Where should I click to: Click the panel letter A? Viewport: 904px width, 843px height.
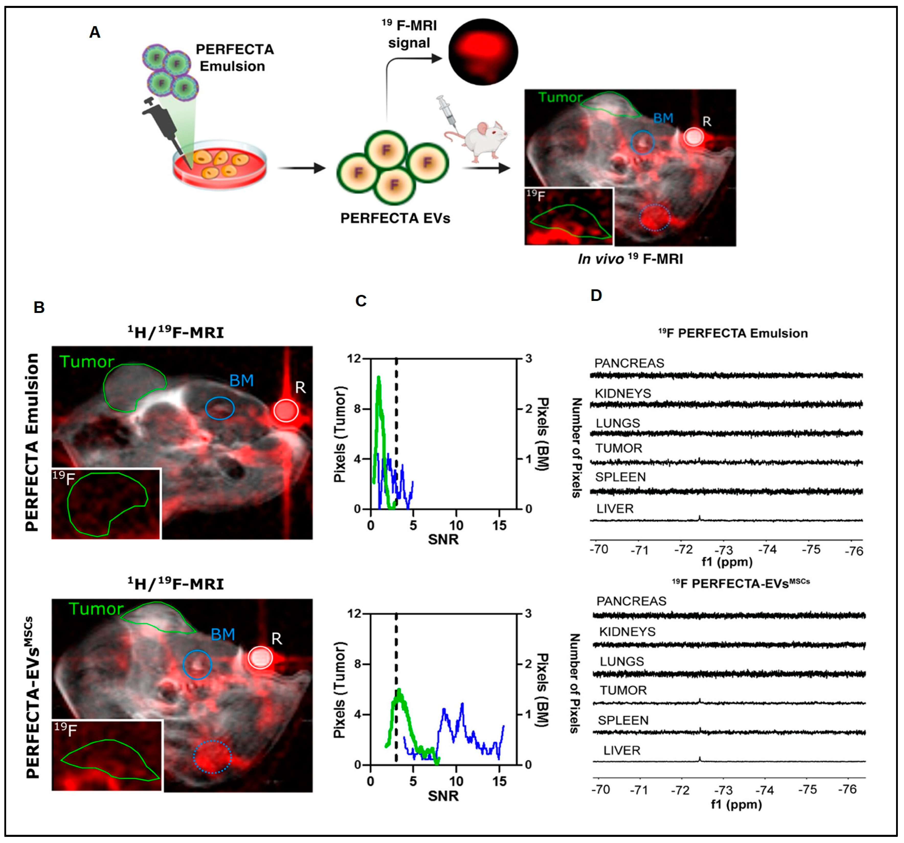[95, 32]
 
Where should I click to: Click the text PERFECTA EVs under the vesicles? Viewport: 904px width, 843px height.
[395, 218]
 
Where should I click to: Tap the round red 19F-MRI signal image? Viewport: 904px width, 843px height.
[483, 51]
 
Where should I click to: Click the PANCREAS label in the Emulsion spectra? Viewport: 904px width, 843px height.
[629, 363]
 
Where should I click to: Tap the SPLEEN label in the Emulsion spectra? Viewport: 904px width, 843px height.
[620, 477]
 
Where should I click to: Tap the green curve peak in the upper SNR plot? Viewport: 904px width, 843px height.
[378, 378]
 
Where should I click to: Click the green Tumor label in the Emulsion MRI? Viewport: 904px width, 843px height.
[86, 362]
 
